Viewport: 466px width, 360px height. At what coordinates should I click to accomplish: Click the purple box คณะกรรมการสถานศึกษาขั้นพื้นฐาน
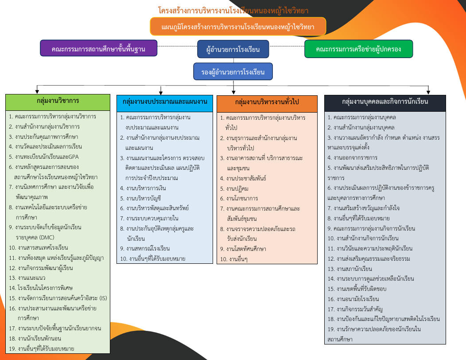pos(99,48)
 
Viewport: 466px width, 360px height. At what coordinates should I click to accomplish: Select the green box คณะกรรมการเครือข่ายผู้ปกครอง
pos(358,49)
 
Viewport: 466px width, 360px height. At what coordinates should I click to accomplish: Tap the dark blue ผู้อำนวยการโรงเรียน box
pos(233,49)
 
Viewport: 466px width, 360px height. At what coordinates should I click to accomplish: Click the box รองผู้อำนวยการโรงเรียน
pos(233,71)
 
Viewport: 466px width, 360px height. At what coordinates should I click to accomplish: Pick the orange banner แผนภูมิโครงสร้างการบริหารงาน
pos(238,27)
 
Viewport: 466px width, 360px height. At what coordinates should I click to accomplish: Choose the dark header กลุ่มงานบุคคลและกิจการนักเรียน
pos(385,103)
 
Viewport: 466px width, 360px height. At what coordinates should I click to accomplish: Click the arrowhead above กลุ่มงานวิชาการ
pos(37,91)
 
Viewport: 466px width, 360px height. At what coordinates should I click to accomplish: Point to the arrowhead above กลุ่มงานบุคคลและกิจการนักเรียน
pos(428,92)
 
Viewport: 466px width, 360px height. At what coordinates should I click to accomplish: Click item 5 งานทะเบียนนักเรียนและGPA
pos(44,157)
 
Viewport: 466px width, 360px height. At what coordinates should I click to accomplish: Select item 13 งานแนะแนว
pos(27,278)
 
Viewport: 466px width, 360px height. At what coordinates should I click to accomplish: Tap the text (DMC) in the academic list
pos(47,238)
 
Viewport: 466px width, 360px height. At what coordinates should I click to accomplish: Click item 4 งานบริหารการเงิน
pos(143,188)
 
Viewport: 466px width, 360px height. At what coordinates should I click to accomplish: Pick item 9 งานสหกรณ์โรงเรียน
pos(145,248)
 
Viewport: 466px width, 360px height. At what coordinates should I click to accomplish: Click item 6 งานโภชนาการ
pos(239,199)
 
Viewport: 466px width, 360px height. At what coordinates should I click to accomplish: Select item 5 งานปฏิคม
pos(234,188)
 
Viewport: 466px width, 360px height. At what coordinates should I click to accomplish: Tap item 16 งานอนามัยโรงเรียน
pos(353,299)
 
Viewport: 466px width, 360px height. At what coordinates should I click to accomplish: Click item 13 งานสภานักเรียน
pos(349,269)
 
